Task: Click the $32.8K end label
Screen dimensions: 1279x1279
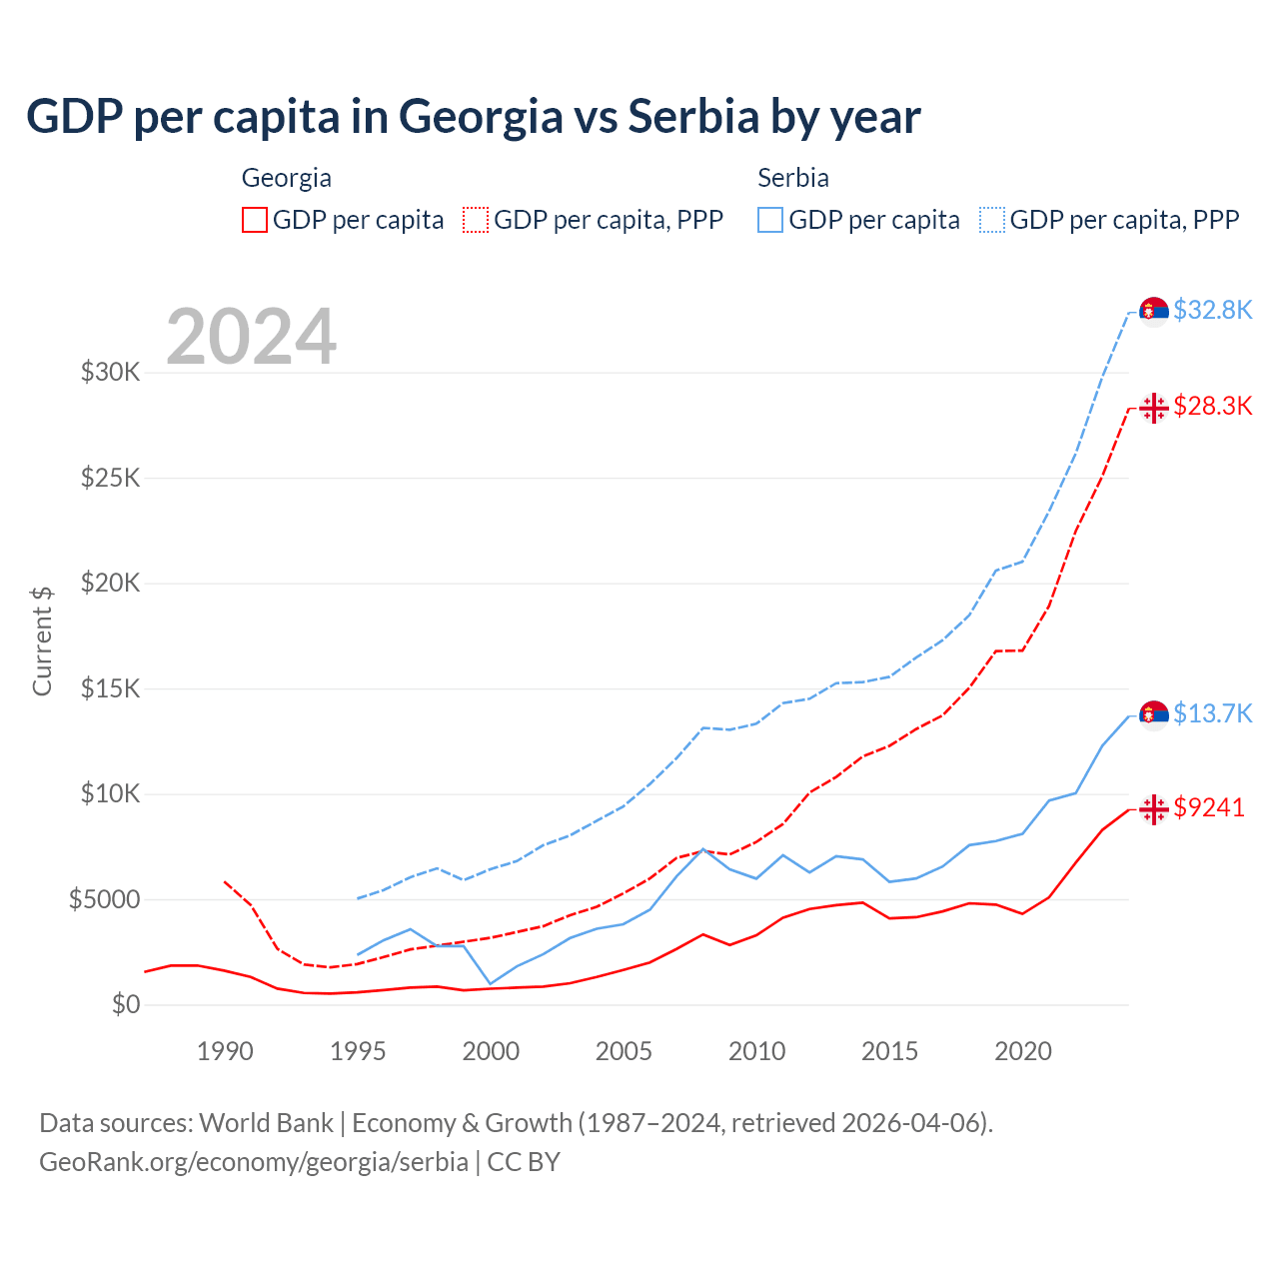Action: click(x=1212, y=310)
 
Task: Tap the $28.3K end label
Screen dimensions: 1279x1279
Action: click(x=1212, y=406)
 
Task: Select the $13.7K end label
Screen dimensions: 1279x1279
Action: click(x=1212, y=713)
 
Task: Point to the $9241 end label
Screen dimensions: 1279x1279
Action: click(x=1209, y=807)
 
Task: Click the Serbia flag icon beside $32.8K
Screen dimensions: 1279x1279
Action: click(x=1154, y=311)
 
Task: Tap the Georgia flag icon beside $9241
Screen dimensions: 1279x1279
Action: click(x=1154, y=808)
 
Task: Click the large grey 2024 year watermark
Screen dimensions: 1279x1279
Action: click(x=251, y=337)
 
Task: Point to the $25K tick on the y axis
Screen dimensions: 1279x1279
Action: click(x=110, y=478)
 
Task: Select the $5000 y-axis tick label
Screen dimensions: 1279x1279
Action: click(x=104, y=899)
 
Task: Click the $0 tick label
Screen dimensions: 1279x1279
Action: click(x=125, y=1004)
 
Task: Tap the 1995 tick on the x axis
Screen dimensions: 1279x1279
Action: click(x=358, y=1051)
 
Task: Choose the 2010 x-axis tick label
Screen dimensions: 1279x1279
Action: click(x=756, y=1051)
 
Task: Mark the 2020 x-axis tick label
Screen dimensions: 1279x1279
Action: click(x=1023, y=1051)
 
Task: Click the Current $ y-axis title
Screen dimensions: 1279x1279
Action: click(x=42, y=640)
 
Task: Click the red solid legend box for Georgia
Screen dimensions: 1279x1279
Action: click(x=255, y=220)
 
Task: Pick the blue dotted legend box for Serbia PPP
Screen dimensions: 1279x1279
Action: click(x=992, y=220)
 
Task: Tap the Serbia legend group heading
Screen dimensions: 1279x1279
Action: click(x=793, y=178)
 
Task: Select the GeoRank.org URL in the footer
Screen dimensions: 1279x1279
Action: click(x=254, y=1162)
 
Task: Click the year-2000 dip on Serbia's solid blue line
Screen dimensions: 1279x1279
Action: click(x=491, y=983)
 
